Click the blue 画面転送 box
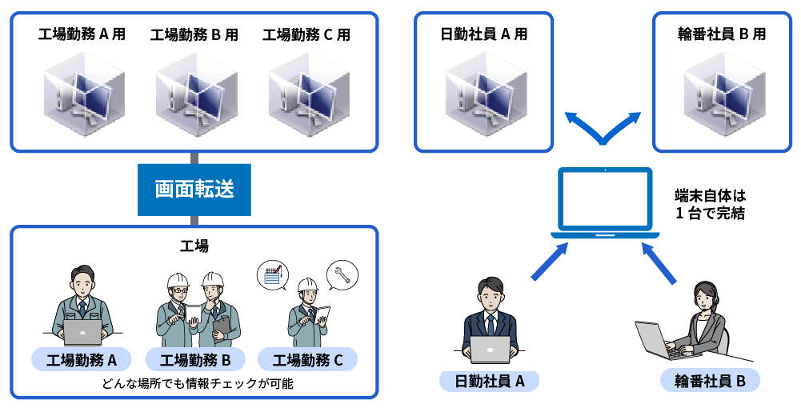point(194,190)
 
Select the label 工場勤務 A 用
point(82,34)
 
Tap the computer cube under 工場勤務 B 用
point(195,90)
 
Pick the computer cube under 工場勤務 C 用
point(307,90)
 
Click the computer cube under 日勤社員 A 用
point(484,90)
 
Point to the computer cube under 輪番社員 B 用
point(723,90)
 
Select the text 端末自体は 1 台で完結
point(710,204)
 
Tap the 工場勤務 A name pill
point(82,360)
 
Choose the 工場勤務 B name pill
point(195,360)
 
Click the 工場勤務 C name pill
point(307,360)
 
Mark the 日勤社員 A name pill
point(490,381)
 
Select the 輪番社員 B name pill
point(710,381)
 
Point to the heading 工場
point(194,246)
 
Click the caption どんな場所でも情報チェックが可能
point(197,383)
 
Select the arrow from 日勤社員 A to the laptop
point(550,262)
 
